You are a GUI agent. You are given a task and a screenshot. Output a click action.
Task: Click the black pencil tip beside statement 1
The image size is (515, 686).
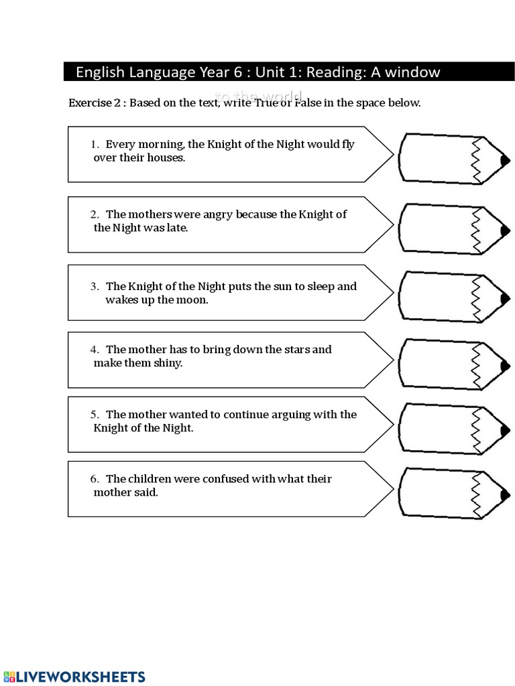(505, 160)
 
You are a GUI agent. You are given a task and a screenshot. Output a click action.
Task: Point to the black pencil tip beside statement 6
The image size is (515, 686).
(505, 493)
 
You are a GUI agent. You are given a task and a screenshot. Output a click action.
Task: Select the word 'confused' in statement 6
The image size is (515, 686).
(215, 479)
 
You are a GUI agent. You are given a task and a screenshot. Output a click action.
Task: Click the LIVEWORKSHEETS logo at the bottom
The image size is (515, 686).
(73, 677)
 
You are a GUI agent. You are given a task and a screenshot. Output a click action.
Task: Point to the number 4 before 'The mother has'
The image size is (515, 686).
(95, 350)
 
